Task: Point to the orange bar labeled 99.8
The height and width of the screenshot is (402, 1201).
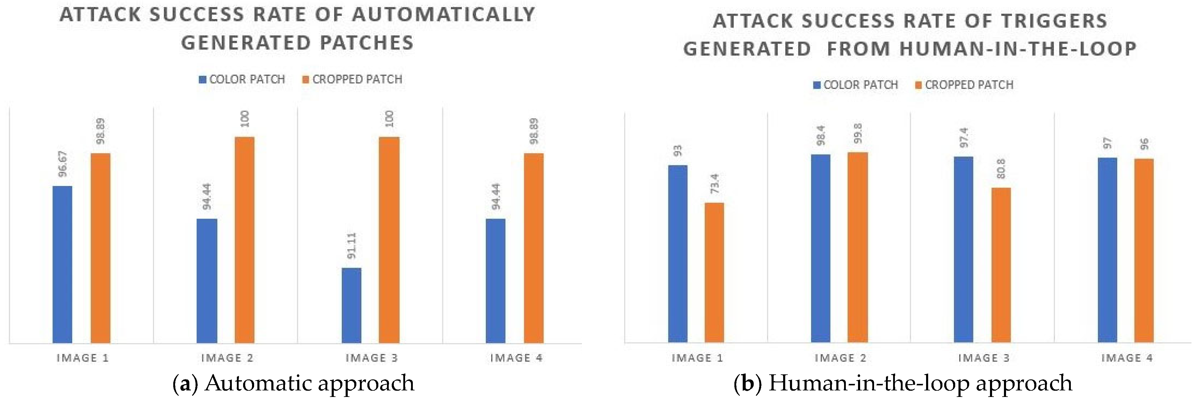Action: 857,247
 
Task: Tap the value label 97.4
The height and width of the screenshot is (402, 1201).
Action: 964,138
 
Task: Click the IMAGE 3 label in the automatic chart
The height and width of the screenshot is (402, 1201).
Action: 372,358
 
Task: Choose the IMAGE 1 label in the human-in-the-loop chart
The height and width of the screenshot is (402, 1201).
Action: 697,358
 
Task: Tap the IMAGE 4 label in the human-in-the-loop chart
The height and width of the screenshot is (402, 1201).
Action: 1127,358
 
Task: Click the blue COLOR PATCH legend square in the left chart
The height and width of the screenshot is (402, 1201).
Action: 202,80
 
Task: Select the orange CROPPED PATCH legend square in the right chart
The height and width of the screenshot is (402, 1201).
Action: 918,85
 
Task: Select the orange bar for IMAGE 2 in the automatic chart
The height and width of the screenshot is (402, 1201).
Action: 244,240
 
